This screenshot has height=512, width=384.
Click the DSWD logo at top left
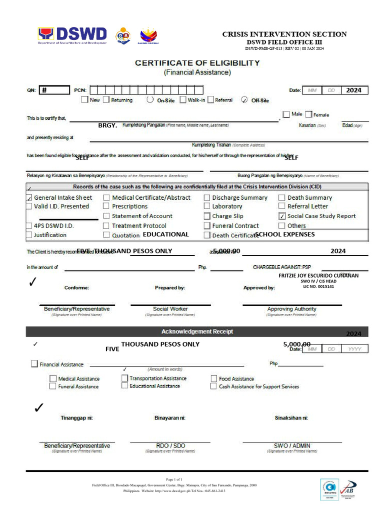tap(72, 35)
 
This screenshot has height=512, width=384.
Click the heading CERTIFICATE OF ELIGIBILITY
tap(197, 63)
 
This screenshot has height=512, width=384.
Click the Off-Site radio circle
tap(244, 99)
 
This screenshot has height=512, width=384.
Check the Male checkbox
tap(286, 114)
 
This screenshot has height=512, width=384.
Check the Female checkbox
tap(308, 114)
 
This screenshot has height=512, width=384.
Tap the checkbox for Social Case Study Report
tap(282, 216)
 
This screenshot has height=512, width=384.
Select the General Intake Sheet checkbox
tap(29, 197)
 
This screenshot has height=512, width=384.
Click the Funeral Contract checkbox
tap(207, 225)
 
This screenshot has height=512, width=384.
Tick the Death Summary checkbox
tap(282, 197)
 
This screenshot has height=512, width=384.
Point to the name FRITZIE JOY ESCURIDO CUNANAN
tap(318, 275)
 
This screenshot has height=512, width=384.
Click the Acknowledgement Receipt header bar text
tap(197, 331)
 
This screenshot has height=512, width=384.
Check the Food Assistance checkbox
tap(214, 378)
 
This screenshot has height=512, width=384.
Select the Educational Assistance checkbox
tap(124, 386)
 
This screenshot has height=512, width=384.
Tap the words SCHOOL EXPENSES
tap(284, 234)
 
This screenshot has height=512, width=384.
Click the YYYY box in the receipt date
tap(354, 349)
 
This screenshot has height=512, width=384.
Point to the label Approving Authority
tap(291, 309)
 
